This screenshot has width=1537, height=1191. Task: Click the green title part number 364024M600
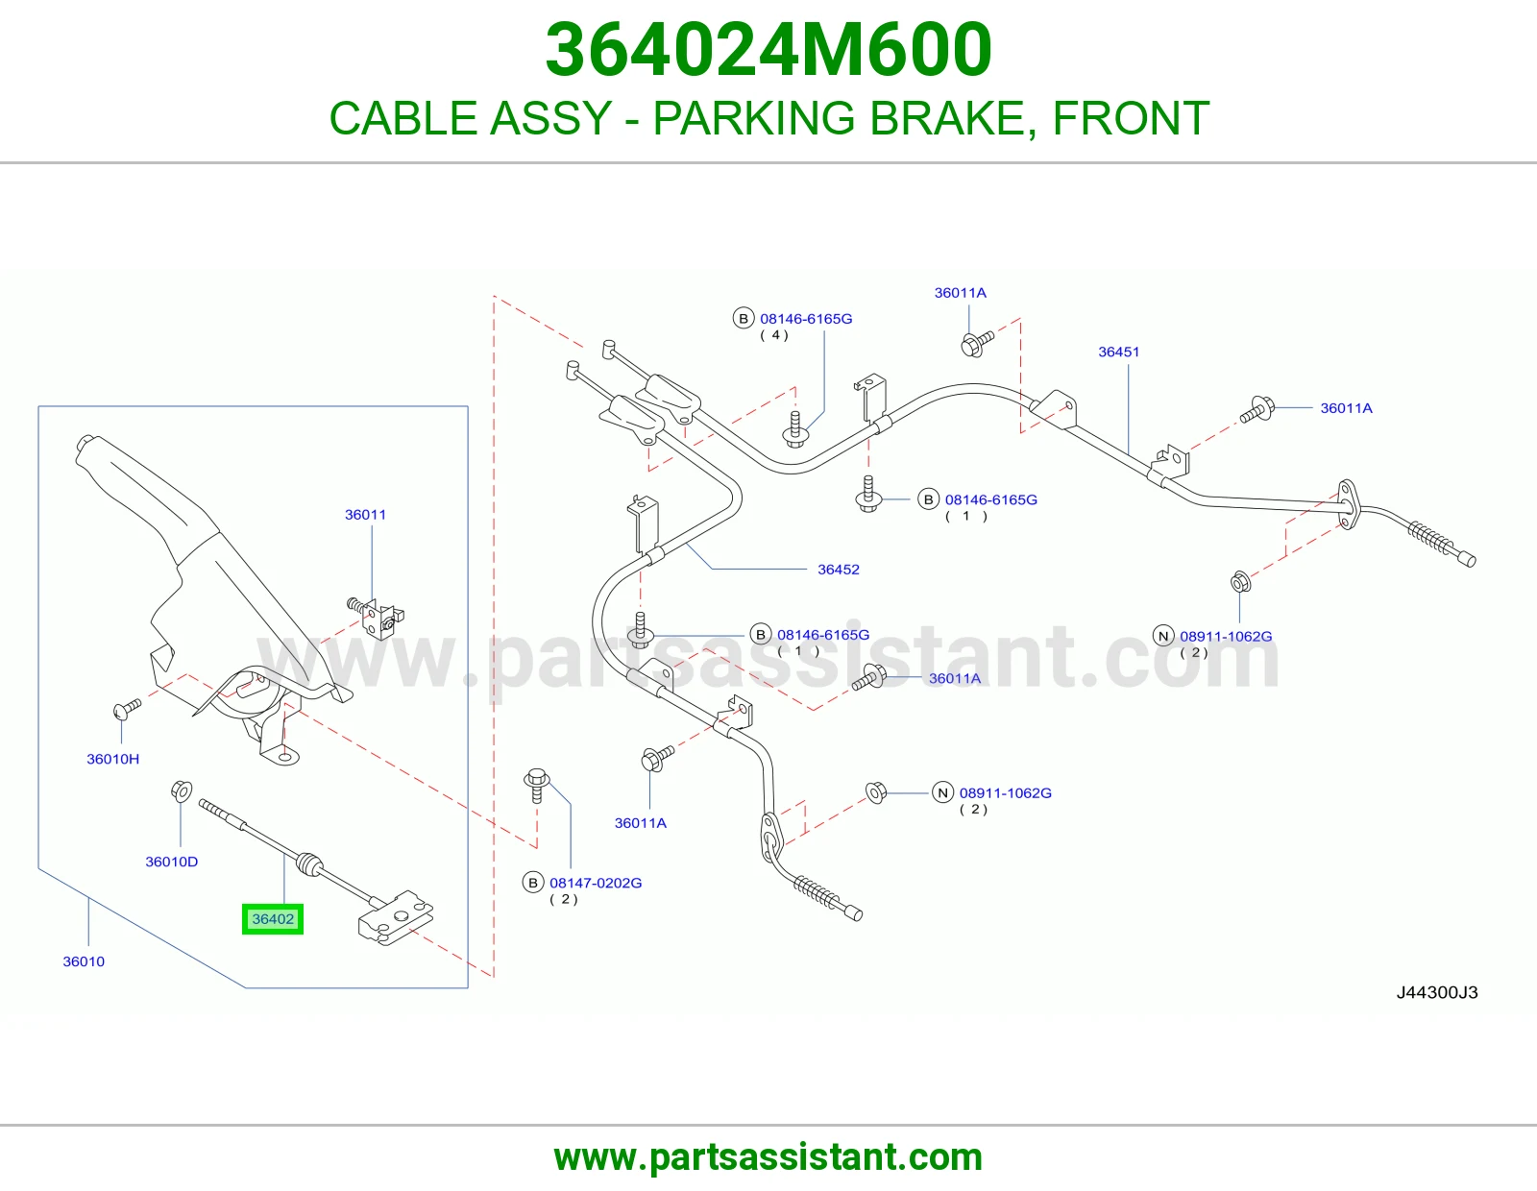pyautogui.click(x=768, y=50)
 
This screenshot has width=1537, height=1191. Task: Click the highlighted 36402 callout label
pyautogui.click(x=272, y=919)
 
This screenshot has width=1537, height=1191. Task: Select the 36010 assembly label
pyautogui.click(x=84, y=961)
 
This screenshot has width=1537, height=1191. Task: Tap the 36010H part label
pyautogui.click(x=112, y=759)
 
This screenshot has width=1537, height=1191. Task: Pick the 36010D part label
pyautogui.click(x=171, y=862)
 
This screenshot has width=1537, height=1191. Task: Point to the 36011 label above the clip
pyautogui.click(x=365, y=514)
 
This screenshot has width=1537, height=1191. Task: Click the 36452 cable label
pyautogui.click(x=839, y=570)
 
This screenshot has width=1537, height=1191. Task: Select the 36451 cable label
pyautogui.click(x=1118, y=352)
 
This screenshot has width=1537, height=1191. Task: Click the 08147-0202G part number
pyautogui.click(x=596, y=883)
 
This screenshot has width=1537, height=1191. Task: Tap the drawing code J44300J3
pyautogui.click(x=1436, y=992)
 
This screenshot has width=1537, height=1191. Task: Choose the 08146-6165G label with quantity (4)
pyautogui.click(x=806, y=318)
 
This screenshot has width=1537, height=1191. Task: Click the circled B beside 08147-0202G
pyautogui.click(x=532, y=883)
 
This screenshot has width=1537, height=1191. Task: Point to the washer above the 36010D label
pyautogui.click(x=181, y=790)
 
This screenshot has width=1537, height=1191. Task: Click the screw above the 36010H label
pyautogui.click(x=127, y=709)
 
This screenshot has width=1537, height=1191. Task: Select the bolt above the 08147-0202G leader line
pyautogui.click(x=537, y=785)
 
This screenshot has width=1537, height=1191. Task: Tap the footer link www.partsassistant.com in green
pyautogui.click(x=768, y=1157)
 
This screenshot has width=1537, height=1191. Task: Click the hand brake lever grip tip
pyautogui.click(x=85, y=443)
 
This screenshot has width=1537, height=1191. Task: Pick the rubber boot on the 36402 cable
pyautogui.click(x=308, y=864)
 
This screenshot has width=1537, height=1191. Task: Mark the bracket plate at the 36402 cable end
pyautogui.click(x=396, y=917)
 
